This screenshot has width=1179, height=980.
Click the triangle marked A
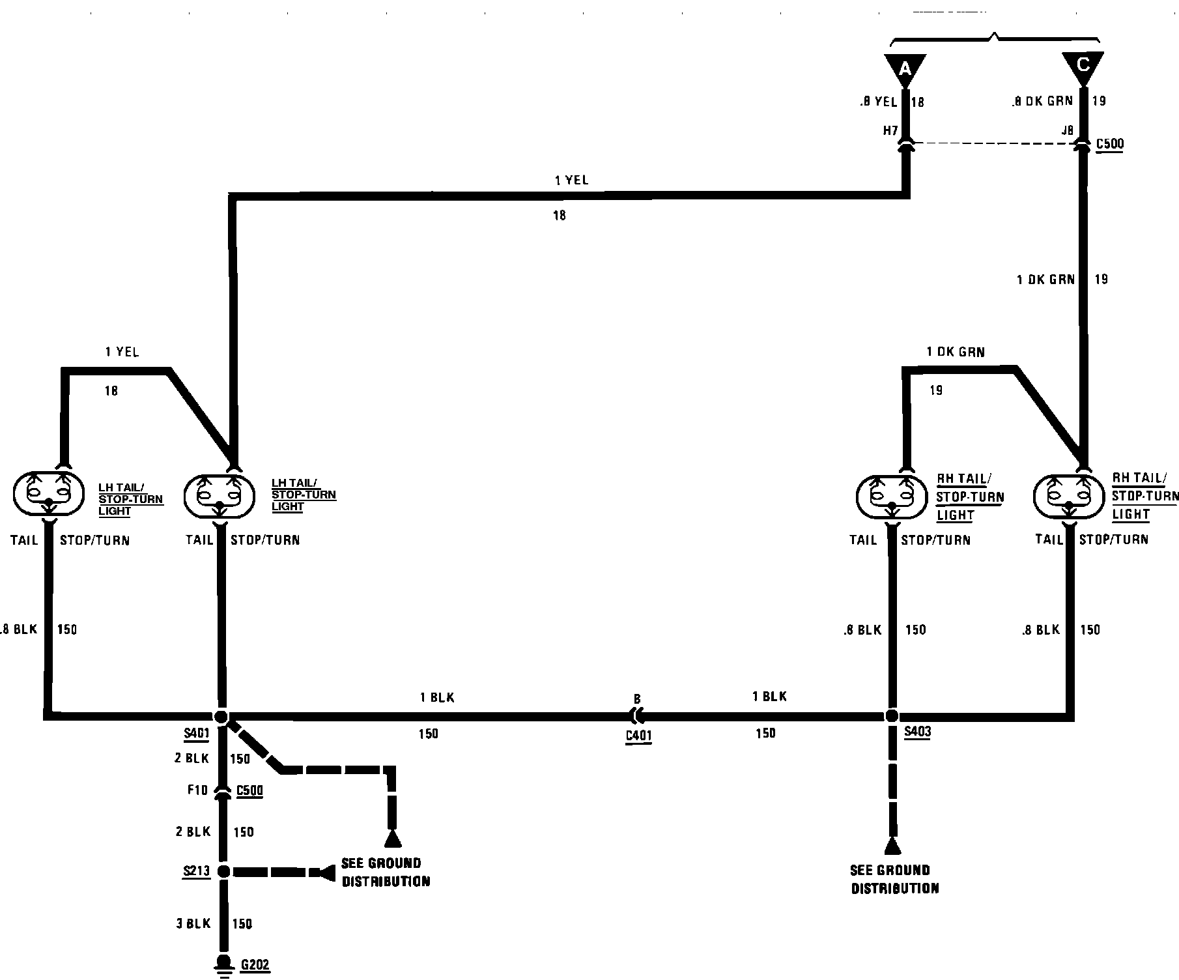click(x=905, y=68)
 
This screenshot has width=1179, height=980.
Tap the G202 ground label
click(x=255, y=965)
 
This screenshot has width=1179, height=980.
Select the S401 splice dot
click(x=221, y=717)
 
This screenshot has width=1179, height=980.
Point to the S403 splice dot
click(x=892, y=716)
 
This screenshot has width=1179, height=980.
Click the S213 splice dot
click(x=223, y=872)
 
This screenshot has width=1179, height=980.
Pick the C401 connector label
click(x=638, y=736)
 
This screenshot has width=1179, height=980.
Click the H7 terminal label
click(x=890, y=130)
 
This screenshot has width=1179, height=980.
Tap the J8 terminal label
click(x=1067, y=130)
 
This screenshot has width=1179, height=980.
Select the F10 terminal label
click(x=197, y=790)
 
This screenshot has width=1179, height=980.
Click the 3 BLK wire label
click(x=193, y=923)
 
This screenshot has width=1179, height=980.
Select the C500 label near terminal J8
click(x=1110, y=143)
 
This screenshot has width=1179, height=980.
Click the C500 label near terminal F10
click(x=249, y=790)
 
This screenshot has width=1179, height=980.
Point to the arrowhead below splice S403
click(x=892, y=846)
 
